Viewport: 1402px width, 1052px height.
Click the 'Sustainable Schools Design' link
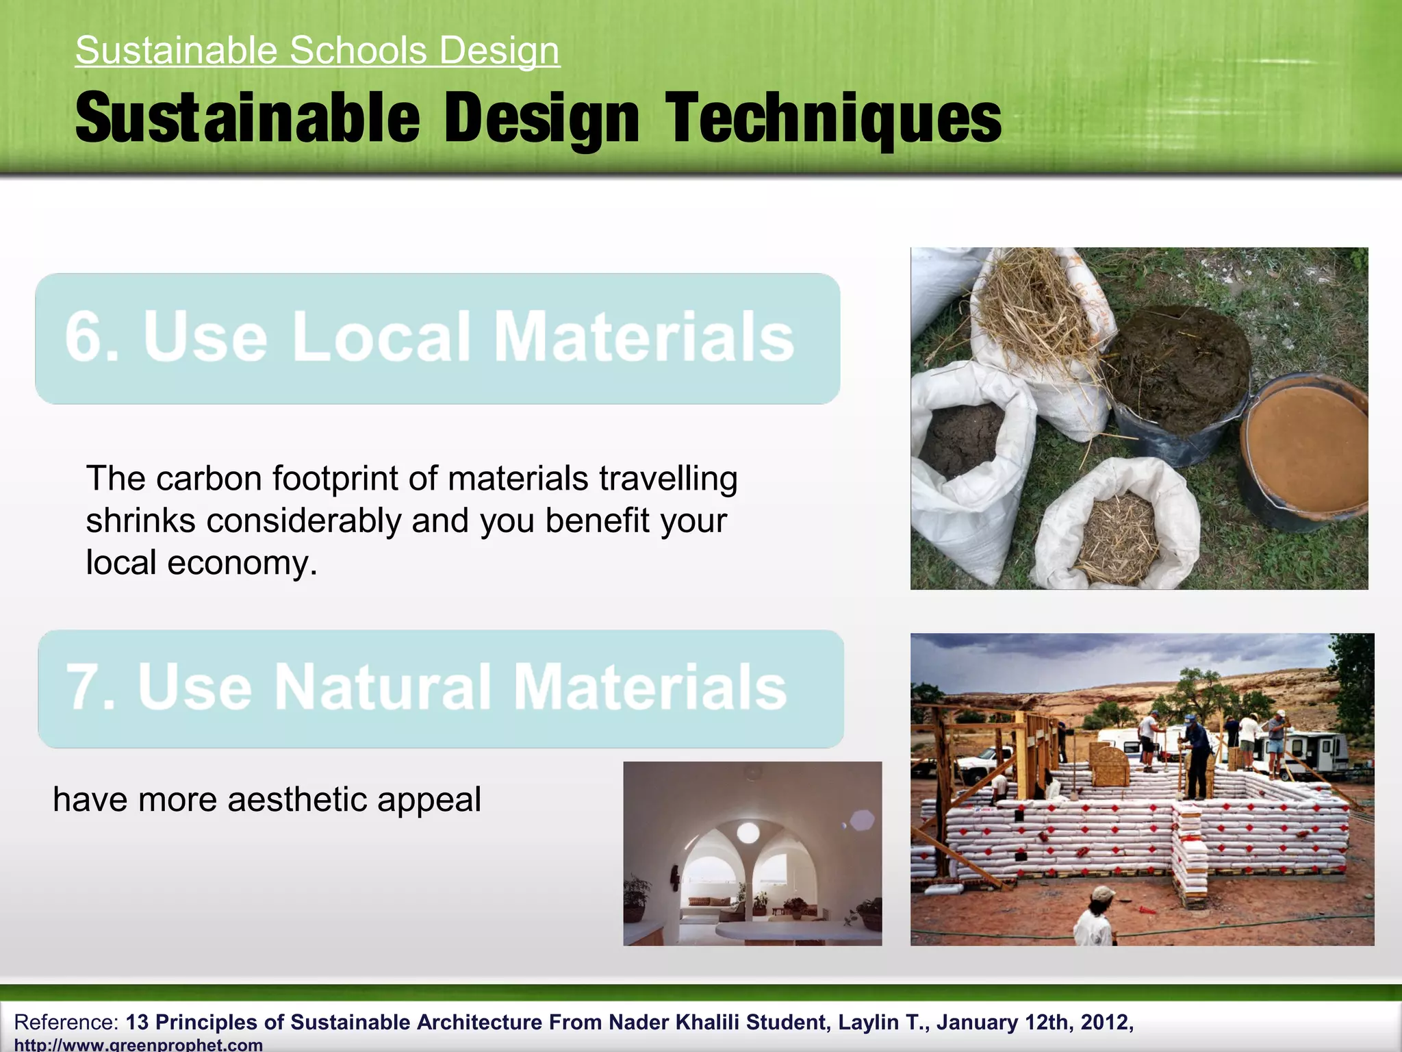(x=318, y=51)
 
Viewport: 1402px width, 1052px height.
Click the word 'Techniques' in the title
(x=833, y=119)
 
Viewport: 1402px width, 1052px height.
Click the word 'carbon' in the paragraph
(x=208, y=479)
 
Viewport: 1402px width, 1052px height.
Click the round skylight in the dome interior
(x=748, y=834)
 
